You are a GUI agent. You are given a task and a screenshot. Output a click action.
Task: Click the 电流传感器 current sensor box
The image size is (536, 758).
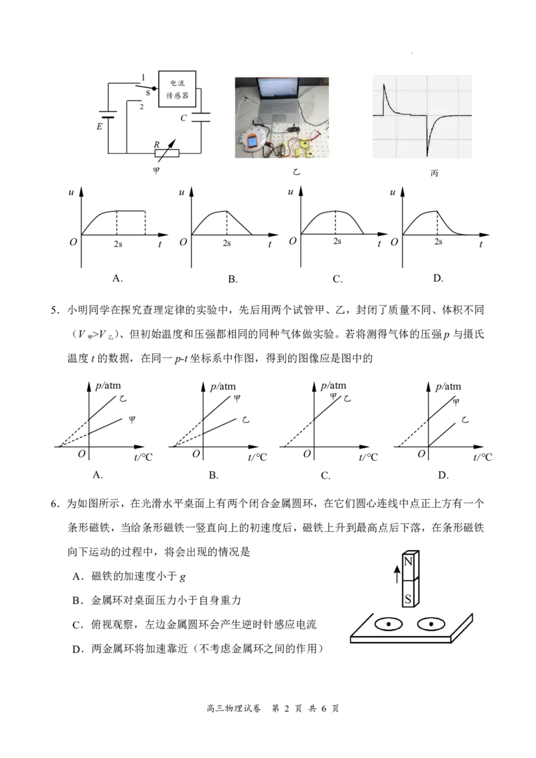(x=178, y=89)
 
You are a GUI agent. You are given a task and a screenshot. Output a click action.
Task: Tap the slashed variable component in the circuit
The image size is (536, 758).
(x=168, y=154)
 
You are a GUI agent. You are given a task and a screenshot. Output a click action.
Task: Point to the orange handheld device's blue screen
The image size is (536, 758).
(x=251, y=143)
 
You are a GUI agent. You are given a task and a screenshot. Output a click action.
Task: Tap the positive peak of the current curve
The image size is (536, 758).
(x=384, y=85)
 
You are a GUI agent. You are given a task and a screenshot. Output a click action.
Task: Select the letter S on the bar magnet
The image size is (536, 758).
(x=408, y=598)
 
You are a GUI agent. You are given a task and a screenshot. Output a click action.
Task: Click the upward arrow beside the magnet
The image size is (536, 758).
(x=397, y=574)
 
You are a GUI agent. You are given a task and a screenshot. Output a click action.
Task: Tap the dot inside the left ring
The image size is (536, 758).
(x=388, y=625)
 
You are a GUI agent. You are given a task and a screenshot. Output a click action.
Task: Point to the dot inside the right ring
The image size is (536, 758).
(x=431, y=625)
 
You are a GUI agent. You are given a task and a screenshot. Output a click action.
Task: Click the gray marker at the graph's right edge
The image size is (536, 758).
(x=474, y=115)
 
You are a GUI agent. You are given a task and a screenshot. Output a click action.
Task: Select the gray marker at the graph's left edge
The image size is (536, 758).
(x=372, y=115)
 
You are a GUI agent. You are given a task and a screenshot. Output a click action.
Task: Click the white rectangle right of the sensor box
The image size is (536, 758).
(x=201, y=117)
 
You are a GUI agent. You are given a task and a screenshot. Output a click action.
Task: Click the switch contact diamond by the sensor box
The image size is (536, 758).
(x=155, y=88)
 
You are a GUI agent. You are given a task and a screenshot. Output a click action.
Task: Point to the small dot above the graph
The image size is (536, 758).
(x=409, y=50)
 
